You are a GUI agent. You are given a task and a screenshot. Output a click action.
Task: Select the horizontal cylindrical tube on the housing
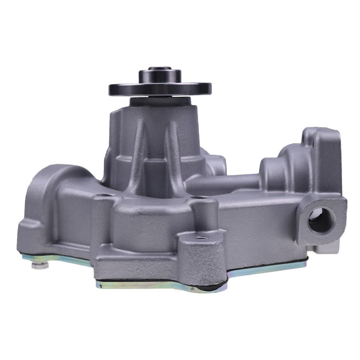coord(226,181)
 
